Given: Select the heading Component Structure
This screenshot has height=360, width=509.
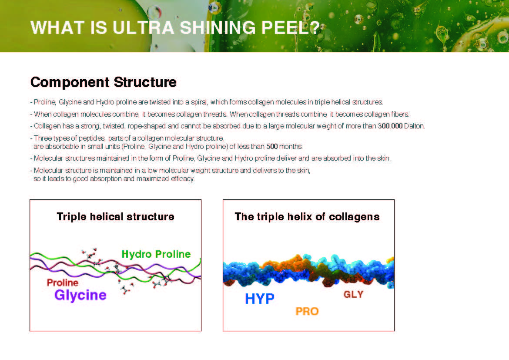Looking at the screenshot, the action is pos(103,82).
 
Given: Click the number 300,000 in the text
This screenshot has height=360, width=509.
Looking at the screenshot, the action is pos(390,126).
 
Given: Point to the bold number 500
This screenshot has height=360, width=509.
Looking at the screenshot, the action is pos(272,147).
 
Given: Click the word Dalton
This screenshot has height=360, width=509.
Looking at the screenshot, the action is pos(414,126).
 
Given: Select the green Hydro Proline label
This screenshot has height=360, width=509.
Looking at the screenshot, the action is pos(156,254).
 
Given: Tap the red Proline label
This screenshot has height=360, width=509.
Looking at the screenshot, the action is pos(63,283).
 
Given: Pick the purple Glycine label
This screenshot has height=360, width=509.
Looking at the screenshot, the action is pos(80,295).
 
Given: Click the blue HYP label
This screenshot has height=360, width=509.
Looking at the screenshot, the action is pos(260,299).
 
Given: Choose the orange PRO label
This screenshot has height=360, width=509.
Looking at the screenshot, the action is pos(307,312).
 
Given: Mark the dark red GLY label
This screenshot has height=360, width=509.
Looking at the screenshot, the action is pos(354,294).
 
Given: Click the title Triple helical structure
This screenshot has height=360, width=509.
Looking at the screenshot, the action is pos(116,217).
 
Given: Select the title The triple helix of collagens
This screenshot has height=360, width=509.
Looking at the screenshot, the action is pos(307,217).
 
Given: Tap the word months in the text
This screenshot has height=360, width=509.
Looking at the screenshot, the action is pos(291,147).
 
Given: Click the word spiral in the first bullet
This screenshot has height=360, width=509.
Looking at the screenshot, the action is pos(199,102).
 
